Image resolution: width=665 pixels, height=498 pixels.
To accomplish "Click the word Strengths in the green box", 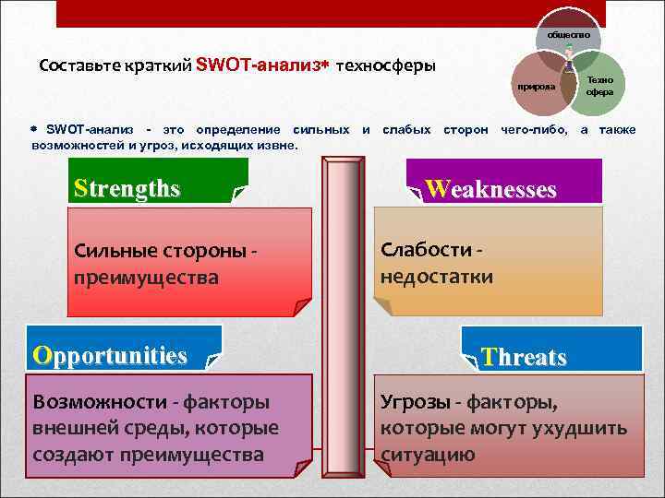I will (127, 188).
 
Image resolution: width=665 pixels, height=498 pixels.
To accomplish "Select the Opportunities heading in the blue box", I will (109, 355).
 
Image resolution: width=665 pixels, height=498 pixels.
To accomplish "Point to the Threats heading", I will (524, 358).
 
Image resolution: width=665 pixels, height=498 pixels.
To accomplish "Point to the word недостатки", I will (436, 276).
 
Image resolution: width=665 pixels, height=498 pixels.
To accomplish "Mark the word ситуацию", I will (428, 455).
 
